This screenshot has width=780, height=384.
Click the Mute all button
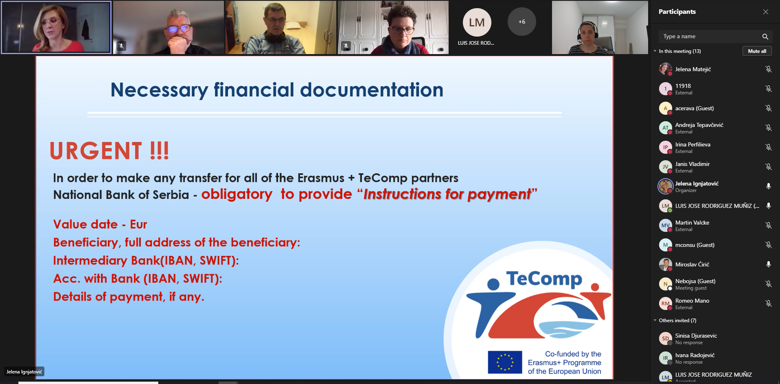pyautogui.click(x=757, y=51)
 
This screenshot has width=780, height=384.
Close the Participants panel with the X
pyautogui.click(x=766, y=12)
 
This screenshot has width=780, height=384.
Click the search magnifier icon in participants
pyautogui.click(x=765, y=37)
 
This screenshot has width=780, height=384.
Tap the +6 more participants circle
pyautogui.click(x=521, y=22)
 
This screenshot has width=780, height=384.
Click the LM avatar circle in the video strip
pyautogui.click(x=477, y=22)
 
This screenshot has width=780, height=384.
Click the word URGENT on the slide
pyautogui.click(x=96, y=151)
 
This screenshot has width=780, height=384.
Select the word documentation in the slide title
pyautogui.click(x=372, y=89)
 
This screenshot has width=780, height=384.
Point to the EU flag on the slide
pyautogui.click(x=505, y=362)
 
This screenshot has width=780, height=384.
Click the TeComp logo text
pyautogui.click(x=544, y=279)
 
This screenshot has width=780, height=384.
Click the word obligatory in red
pyautogui.click(x=237, y=194)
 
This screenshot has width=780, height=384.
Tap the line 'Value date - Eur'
pyautogui.click(x=100, y=224)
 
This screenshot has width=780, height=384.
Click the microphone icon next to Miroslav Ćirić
pyautogui.click(x=768, y=264)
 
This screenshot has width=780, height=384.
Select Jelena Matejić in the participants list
pyautogui.click(x=693, y=69)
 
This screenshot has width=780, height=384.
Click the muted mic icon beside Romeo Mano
pyautogui.click(x=768, y=303)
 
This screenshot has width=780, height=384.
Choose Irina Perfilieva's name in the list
pyautogui.click(x=692, y=144)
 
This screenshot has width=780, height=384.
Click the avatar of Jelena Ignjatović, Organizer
pyautogui.click(x=665, y=186)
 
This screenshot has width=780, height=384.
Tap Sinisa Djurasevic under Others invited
pyautogui.click(x=696, y=336)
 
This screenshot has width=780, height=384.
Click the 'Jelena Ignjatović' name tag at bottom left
pyautogui.click(x=24, y=372)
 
